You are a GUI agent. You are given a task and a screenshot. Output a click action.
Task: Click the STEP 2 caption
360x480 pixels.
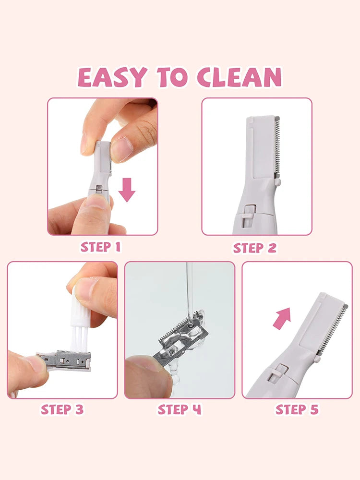[x=255, y=248]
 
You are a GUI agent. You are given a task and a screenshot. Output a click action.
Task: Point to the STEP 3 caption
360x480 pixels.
[x=62, y=409]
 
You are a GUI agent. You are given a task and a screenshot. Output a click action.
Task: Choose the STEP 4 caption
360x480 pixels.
[x=180, y=409]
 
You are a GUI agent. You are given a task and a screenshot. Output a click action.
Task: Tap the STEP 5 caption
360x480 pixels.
[x=297, y=409]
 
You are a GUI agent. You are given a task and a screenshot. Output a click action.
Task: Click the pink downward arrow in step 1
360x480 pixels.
[x=127, y=189]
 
